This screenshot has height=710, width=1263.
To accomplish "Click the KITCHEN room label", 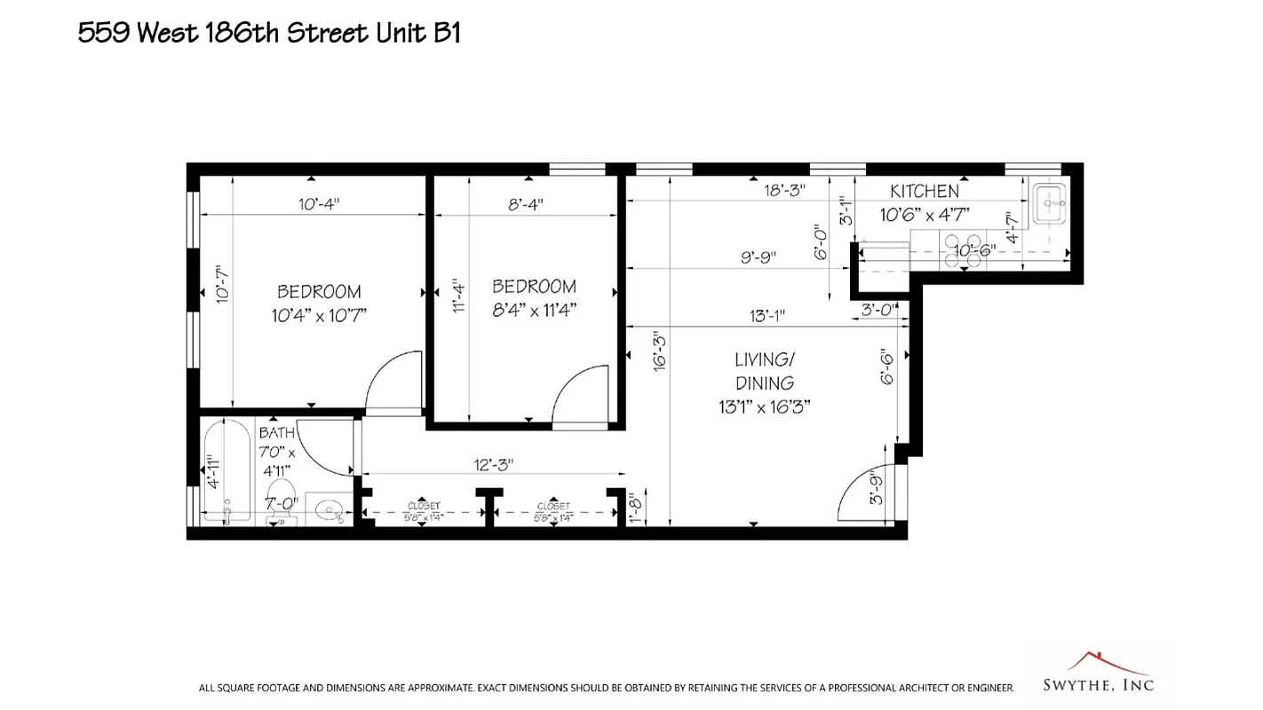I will tap(925, 192).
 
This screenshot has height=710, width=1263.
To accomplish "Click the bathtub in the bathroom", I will tap(226, 474).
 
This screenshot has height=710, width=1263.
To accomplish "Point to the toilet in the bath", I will tap(281, 501).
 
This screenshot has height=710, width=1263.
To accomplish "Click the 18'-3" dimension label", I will tap(784, 190).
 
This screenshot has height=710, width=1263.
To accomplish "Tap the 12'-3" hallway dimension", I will tap(494, 464).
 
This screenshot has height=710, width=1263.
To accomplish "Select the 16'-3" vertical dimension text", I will tap(659, 351).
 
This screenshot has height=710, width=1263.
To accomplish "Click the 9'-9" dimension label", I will tap(759, 257).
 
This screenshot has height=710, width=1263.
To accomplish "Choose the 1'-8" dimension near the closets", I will tap(634, 509).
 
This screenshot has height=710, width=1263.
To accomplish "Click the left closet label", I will tap(424, 510).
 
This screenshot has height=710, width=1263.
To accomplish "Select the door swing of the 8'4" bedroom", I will tap(582, 395).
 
